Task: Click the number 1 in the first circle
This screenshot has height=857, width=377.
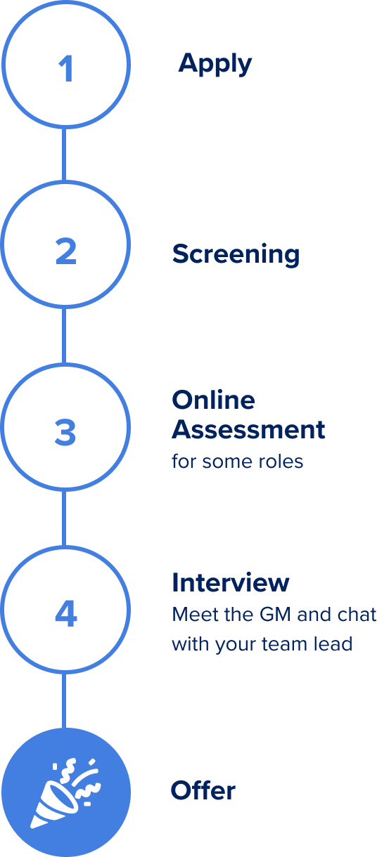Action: (66, 68)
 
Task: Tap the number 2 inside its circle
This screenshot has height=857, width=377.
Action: (66, 251)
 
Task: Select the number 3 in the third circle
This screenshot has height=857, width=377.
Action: (65, 432)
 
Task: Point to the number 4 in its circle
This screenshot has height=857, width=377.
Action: (66, 614)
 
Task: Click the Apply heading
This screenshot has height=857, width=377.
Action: (215, 65)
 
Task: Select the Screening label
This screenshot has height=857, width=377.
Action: (236, 254)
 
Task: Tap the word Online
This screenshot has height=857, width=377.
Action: (213, 400)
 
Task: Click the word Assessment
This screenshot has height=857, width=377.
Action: (248, 429)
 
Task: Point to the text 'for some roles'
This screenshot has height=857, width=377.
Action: (237, 461)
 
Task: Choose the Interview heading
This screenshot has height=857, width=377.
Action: (230, 582)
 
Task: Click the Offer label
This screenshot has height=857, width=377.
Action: (203, 790)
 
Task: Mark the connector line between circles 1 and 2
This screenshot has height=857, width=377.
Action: (64, 154)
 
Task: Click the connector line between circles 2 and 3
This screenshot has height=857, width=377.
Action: (64, 336)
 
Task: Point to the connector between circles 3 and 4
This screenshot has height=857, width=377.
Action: (64, 518)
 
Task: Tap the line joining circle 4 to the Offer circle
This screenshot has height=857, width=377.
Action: (64, 701)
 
